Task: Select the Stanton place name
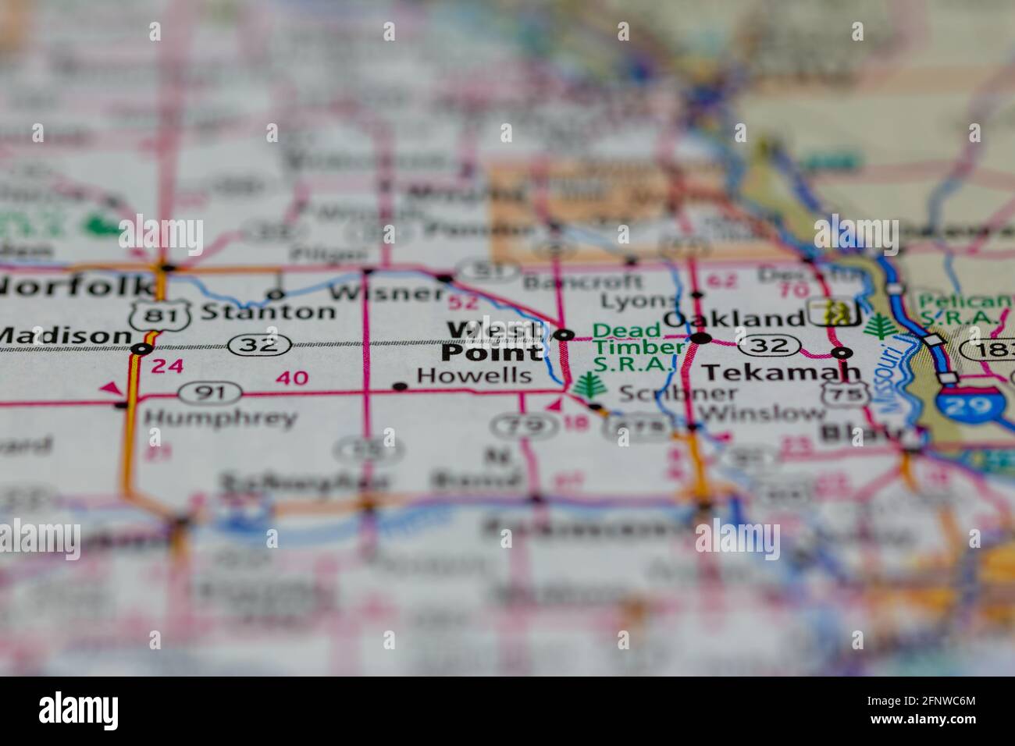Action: [x=268, y=312]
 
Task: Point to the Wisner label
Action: [x=386, y=293]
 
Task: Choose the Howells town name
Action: [x=474, y=375]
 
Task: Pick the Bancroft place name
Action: [x=582, y=281]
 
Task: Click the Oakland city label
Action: [x=733, y=318]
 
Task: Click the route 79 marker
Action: [x=514, y=425]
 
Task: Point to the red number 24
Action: [x=168, y=365]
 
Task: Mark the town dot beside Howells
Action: [x=400, y=385]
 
